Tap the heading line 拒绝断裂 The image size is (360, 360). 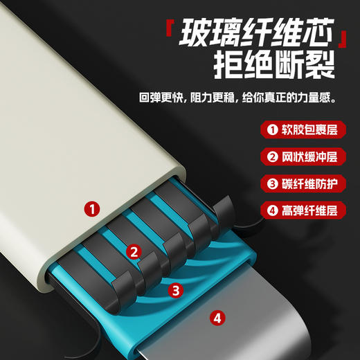(x=275, y=68)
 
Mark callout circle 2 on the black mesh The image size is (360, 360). (x=135, y=252)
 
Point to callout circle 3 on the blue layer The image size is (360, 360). (x=177, y=290)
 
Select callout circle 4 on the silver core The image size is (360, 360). (x=218, y=318)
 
